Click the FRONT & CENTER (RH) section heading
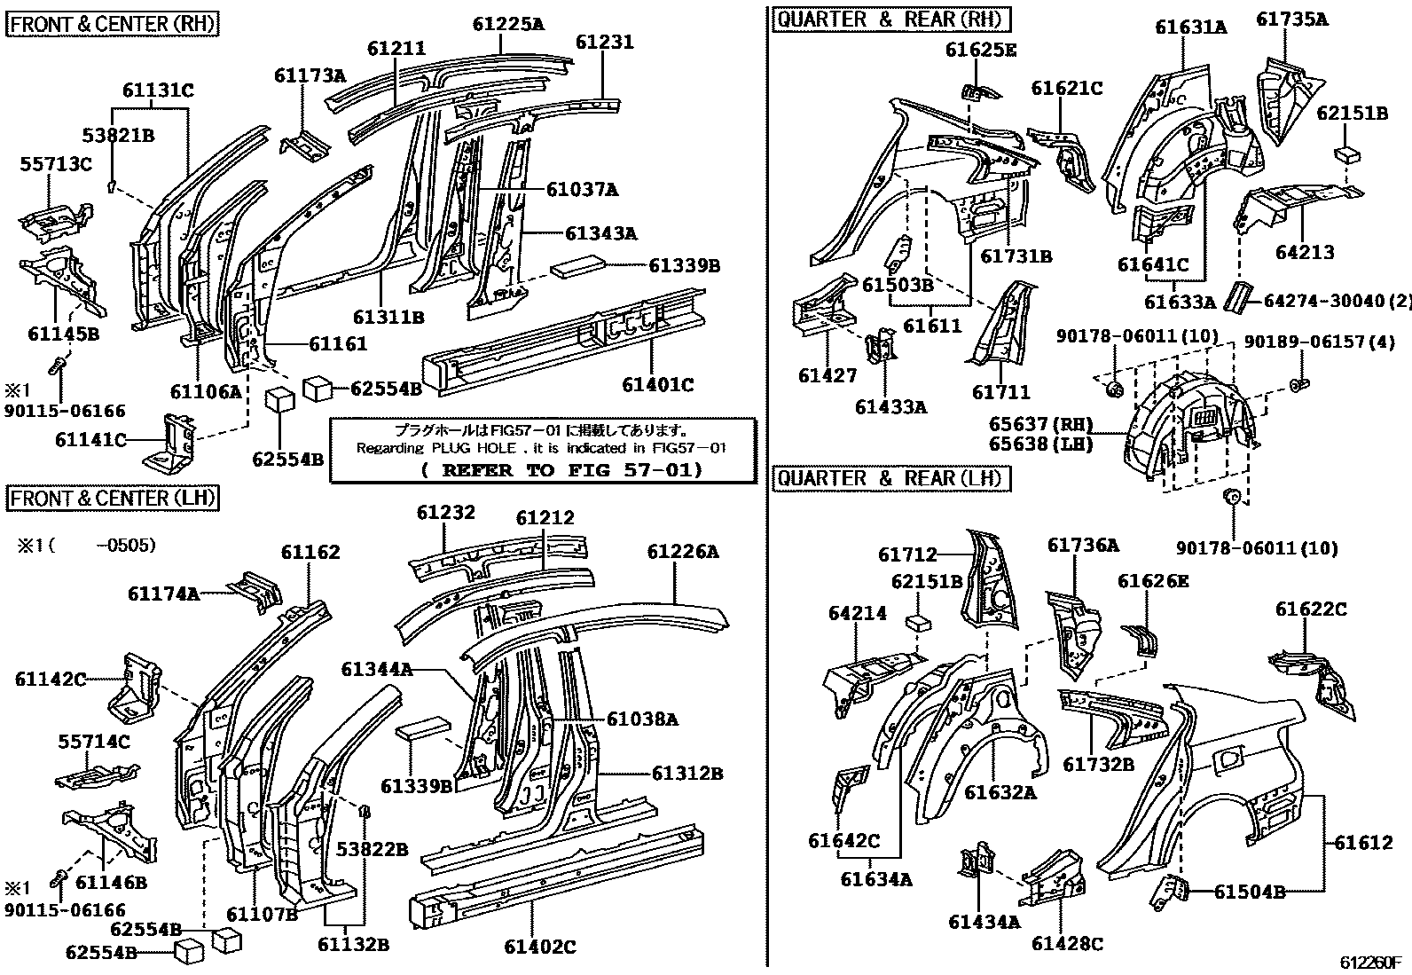point(113,24)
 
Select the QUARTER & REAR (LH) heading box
point(890,479)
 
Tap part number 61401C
point(657,384)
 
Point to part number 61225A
point(508,24)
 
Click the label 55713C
point(57,163)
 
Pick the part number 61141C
point(90,439)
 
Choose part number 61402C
point(540,947)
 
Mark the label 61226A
point(682,552)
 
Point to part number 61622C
point(1311,609)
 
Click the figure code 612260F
point(1370,962)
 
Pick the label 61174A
point(163,594)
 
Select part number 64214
point(857,613)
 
